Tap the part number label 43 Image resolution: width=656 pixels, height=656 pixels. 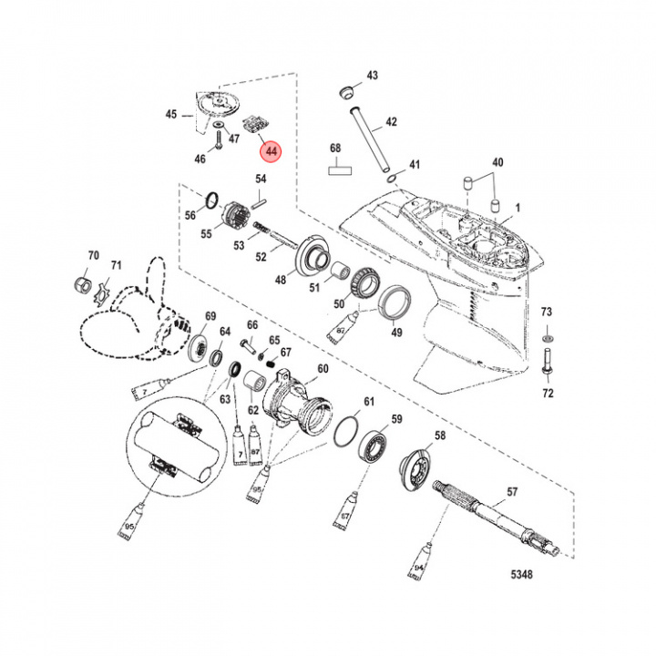pyautogui.click(x=372, y=75)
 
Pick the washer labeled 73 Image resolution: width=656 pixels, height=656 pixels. pyautogui.click(x=546, y=337)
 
